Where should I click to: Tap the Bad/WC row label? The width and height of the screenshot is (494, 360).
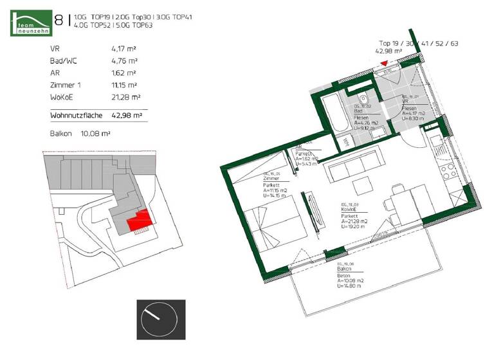64,60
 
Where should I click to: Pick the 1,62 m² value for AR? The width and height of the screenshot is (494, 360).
123,73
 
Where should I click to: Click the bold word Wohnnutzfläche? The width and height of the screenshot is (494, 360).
76,116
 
